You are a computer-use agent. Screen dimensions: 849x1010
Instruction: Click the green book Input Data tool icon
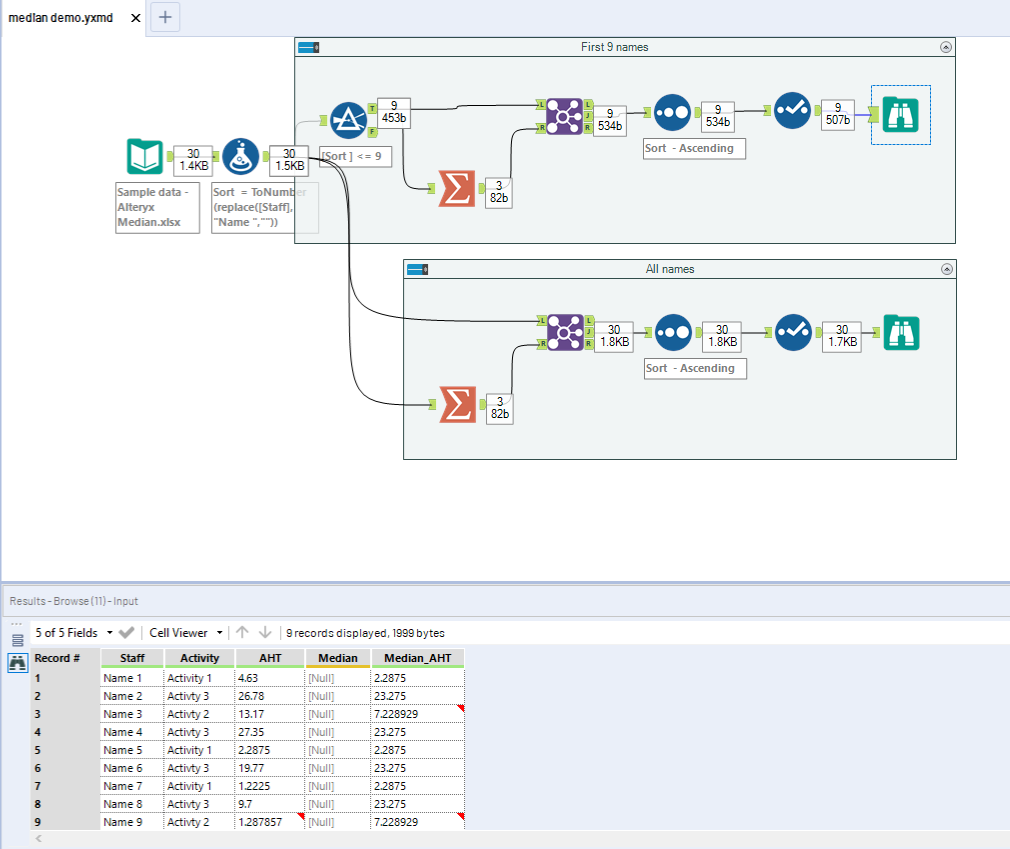(144, 156)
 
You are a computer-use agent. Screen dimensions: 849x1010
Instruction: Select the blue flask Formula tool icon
(241, 156)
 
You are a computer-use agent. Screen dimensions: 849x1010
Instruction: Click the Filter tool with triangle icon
(349, 120)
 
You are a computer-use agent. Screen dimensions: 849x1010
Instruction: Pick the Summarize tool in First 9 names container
(457, 188)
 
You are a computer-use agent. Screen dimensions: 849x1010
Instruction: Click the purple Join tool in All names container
(565, 332)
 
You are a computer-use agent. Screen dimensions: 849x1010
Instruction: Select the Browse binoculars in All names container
(901, 332)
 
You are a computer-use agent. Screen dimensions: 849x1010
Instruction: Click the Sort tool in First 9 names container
(673, 112)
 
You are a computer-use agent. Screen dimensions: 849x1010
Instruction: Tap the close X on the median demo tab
(135, 18)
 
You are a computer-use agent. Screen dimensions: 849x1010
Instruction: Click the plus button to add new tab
(165, 17)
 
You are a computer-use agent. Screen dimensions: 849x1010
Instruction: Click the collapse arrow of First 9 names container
(946, 47)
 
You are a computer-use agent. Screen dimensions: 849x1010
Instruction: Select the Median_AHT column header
(418, 658)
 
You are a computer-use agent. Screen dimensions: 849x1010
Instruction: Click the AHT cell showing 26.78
(251, 696)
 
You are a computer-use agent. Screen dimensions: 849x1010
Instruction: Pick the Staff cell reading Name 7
(123, 786)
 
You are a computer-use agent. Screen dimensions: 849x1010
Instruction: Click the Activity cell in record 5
(189, 750)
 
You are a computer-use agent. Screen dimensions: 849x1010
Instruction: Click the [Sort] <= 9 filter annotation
(355, 156)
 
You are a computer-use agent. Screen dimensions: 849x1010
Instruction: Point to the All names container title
(670, 269)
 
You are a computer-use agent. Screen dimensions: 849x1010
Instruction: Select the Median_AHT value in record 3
(396, 714)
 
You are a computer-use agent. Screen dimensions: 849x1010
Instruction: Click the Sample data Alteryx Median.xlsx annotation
(157, 207)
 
